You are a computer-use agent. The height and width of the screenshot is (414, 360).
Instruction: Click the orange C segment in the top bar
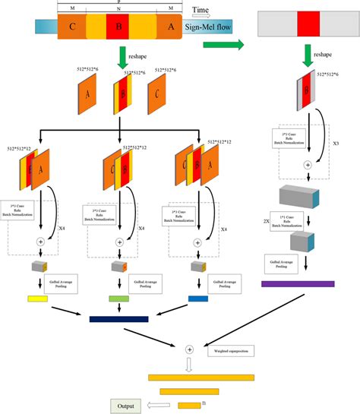(x=71, y=28)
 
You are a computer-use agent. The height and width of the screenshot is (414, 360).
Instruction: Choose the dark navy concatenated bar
(x=118, y=319)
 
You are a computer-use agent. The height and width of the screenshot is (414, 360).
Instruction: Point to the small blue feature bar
(x=198, y=299)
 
